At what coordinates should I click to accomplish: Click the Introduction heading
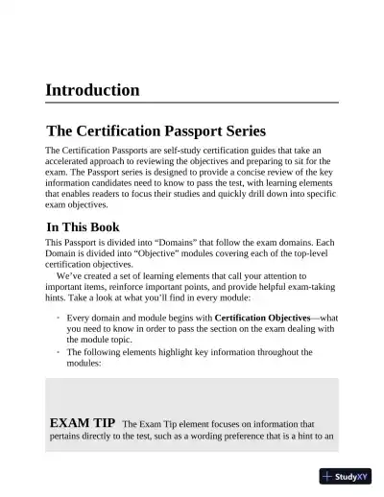click(92, 90)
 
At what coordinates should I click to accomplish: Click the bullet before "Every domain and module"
click(58, 317)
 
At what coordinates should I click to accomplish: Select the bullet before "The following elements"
click(58, 352)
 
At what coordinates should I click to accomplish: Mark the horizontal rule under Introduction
click(192, 103)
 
